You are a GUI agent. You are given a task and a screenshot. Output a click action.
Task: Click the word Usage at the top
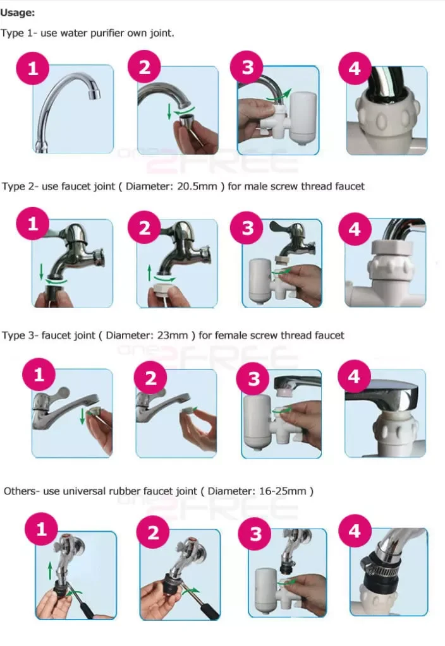pos(17,13)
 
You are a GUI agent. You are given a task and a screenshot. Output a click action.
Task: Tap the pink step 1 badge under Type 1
pos(33,68)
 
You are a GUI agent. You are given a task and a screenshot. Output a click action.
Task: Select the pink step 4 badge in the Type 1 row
pos(355,68)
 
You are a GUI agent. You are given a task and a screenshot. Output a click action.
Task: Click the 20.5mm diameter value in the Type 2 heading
pos(197,186)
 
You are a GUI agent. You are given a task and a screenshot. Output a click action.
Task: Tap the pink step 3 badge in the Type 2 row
pos(247,228)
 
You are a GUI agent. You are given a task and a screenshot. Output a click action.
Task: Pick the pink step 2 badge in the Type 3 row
pos(151,378)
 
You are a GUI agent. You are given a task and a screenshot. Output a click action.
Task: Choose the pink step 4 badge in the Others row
pos(355,530)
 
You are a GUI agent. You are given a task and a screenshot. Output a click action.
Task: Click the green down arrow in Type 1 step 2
pos(169,112)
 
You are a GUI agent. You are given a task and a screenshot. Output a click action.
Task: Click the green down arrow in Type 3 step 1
pos(82,416)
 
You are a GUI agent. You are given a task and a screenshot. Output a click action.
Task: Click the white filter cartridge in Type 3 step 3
pos(258,424)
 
